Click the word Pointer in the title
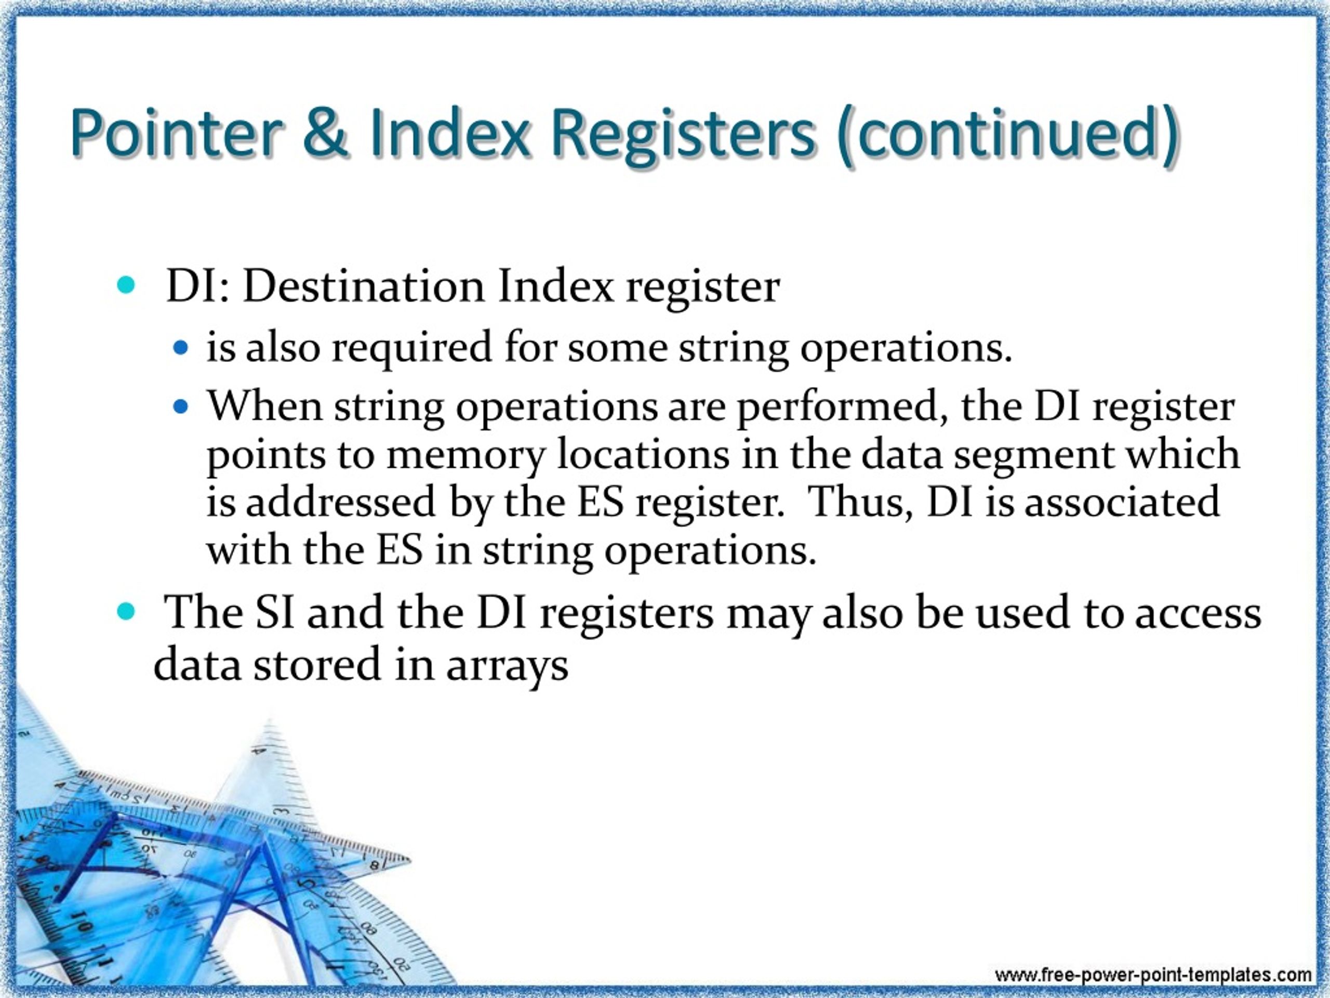pyautogui.click(x=176, y=134)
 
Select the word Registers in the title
pyautogui.click(x=683, y=134)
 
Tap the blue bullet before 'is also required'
pyautogui.click(x=180, y=348)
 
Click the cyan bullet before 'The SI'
pyautogui.click(x=126, y=612)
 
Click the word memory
pyautogui.click(x=465, y=455)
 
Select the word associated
pyautogui.click(x=1122, y=502)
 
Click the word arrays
pyautogui.click(x=507, y=666)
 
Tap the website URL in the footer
pyautogui.click(x=1153, y=975)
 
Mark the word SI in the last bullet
pyautogui.click(x=275, y=612)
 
